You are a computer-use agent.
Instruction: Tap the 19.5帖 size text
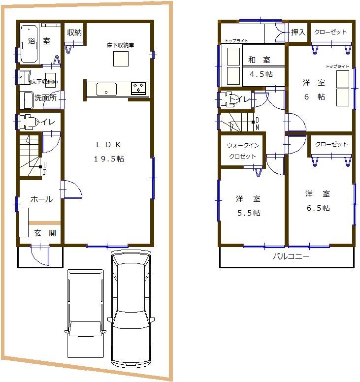(x=108, y=159)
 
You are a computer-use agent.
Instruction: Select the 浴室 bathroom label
(x=39, y=41)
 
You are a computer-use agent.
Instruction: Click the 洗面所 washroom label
(x=45, y=98)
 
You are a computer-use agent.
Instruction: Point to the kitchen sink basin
(x=106, y=89)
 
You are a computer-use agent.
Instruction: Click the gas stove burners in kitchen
(x=138, y=88)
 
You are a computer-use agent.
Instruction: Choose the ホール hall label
(x=41, y=199)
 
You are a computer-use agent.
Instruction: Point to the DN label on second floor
(x=257, y=124)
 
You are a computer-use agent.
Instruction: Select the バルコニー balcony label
(x=291, y=257)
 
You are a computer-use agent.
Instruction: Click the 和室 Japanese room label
(x=259, y=60)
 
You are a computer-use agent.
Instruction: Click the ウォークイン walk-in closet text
(x=242, y=145)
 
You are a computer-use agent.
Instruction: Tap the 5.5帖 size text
(x=248, y=213)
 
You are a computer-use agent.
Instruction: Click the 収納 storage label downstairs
(x=74, y=32)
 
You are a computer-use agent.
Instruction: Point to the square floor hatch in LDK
(x=121, y=59)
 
